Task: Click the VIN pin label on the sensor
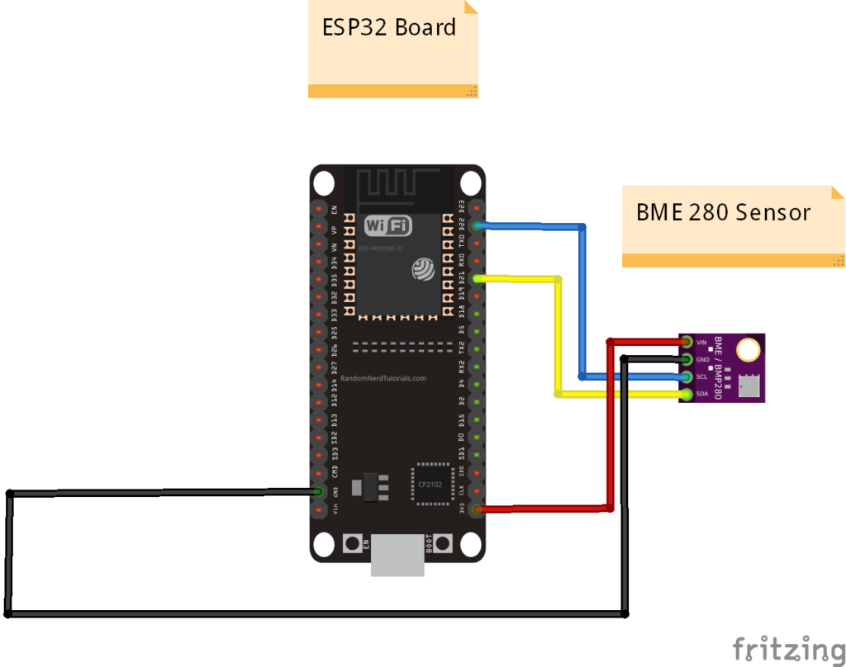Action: point(702,342)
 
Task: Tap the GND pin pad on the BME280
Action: point(686,358)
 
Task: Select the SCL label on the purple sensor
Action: point(702,376)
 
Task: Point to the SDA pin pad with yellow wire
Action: point(686,395)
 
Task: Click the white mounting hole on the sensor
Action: point(749,349)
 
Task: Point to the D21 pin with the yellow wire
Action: point(477,279)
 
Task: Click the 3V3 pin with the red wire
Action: point(477,509)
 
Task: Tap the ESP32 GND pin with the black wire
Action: point(317,492)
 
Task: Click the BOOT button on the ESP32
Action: point(444,543)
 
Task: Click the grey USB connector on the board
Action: point(397,555)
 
